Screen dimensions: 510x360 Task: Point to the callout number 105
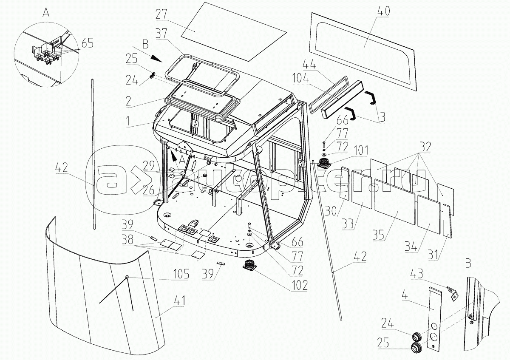point(181,273)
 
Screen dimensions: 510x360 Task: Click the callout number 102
point(299,285)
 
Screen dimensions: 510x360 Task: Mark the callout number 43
point(417,273)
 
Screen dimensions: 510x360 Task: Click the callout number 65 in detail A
point(87,43)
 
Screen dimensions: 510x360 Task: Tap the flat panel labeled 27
point(234,31)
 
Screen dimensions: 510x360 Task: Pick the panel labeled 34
point(428,214)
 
